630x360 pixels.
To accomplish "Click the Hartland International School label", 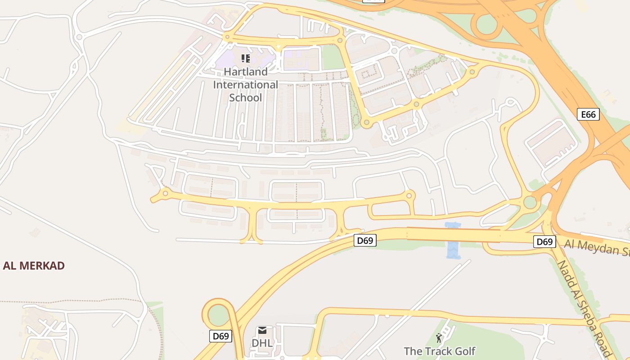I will click(245, 85).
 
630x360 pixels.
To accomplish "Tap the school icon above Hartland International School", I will click(245, 58).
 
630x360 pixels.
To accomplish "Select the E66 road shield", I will click(588, 114).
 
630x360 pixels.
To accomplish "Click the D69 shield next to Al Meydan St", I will click(544, 242).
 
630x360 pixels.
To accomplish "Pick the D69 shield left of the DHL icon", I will click(220, 336).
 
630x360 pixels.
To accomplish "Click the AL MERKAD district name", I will click(34, 265).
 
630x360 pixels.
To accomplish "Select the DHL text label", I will click(262, 343).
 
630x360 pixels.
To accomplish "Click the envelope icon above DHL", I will click(262, 331).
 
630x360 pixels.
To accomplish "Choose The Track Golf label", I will click(439, 351).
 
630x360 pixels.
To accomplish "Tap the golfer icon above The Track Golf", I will click(439, 337).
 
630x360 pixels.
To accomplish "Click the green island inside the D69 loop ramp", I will click(219, 315).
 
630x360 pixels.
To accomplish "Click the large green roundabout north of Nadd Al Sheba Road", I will click(530, 202).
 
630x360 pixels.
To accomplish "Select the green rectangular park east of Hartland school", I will click(333, 57).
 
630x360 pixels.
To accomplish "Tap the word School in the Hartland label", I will click(245, 98).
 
